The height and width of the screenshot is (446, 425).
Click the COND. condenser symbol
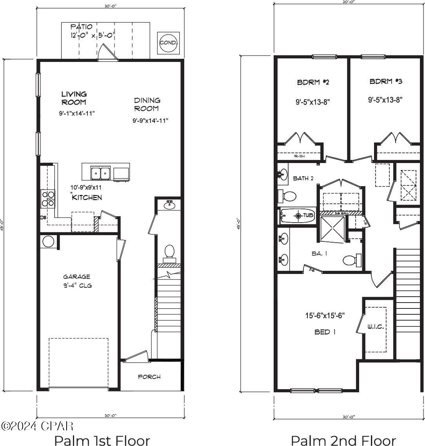(168, 43)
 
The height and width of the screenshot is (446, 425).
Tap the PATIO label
(82, 27)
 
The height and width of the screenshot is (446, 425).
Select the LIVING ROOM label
(74, 98)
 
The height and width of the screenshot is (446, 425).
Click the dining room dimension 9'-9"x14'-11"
(150, 121)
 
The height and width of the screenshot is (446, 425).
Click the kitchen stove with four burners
(48, 199)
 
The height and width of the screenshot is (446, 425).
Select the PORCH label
(149, 377)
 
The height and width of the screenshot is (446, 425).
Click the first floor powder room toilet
(169, 252)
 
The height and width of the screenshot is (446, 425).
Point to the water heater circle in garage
(48, 241)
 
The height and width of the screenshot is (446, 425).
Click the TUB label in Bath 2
(307, 216)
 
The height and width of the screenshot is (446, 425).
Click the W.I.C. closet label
(375, 326)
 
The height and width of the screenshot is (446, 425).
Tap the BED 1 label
(325, 332)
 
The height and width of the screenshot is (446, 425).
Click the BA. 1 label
(320, 254)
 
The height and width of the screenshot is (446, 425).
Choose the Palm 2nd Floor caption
(343, 440)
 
